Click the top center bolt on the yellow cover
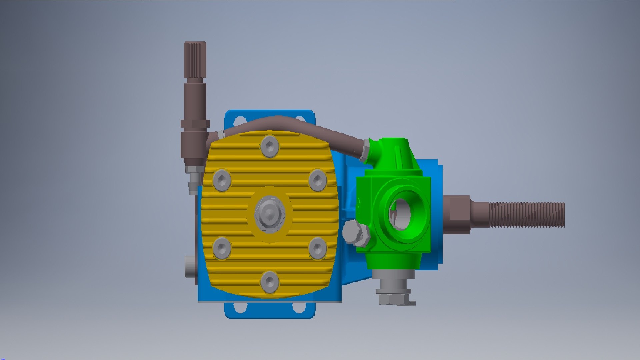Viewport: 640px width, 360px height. (x=270, y=146)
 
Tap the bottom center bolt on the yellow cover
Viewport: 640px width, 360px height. (x=270, y=282)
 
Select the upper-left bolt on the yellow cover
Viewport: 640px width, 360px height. (x=222, y=180)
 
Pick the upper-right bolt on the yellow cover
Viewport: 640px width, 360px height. (x=317, y=180)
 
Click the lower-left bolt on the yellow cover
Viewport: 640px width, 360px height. (x=222, y=248)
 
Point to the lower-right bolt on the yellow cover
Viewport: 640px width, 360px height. (x=317, y=248)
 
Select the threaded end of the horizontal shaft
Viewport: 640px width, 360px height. (x=527, y=215)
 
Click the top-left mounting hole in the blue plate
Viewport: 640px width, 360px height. (x=240, y=121)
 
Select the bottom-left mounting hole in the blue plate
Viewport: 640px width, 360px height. (x=240, y=307)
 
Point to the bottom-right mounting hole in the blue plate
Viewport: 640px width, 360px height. (x=299, y=307)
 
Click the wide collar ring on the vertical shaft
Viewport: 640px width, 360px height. (x=195, y=124)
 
